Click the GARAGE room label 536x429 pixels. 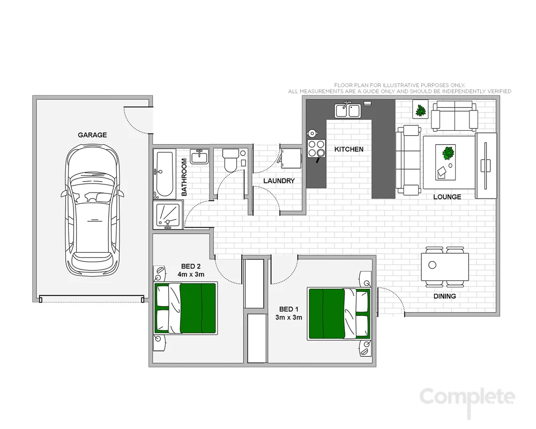[x=92, y=135]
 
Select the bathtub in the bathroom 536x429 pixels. [x=163, y=173]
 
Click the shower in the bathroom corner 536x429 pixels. [x=167, y=216]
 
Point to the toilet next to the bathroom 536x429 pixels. [x=231, y=160]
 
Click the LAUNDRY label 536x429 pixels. [x=279, y=181]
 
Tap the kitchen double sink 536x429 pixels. [x=347, y=110]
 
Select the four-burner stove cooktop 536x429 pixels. [x=316, y=147]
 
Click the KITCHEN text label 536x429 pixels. [x=349, y=150]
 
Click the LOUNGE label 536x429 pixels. [x=447, y=197]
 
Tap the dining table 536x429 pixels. [x=445, y=266]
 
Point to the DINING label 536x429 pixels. [x=444, y=296]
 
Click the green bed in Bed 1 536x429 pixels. [x=339, y=314]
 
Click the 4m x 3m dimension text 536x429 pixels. [x=191, y=275]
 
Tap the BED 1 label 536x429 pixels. [x=286, y=309]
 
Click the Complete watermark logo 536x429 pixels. [x=467, y=397]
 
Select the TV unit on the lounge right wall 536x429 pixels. [x=486, y=161]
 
